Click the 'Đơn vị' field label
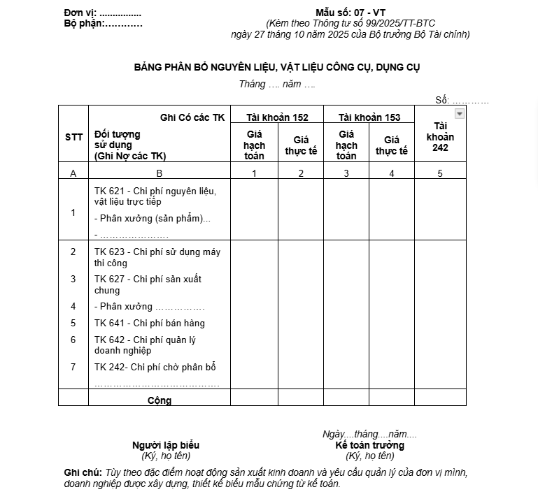80,13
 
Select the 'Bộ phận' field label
83,23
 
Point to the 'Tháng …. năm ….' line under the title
277,84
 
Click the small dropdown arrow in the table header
459,114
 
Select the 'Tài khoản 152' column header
277,117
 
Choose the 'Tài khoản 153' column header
369,117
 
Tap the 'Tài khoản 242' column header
440,136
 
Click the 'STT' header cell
73,137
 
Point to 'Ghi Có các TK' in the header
192,117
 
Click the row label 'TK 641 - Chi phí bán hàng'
150,323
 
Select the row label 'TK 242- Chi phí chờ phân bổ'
155,367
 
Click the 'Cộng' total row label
160,400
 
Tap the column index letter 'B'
160,173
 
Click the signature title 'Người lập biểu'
166,445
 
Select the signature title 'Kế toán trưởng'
369,445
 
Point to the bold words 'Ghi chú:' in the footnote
83,472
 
